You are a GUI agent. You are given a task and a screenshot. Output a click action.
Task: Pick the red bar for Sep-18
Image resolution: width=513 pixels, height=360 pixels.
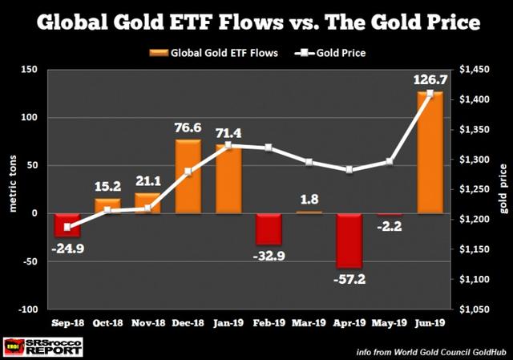68,224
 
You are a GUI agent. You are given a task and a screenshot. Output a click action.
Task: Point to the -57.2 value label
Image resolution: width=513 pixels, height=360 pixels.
349,282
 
